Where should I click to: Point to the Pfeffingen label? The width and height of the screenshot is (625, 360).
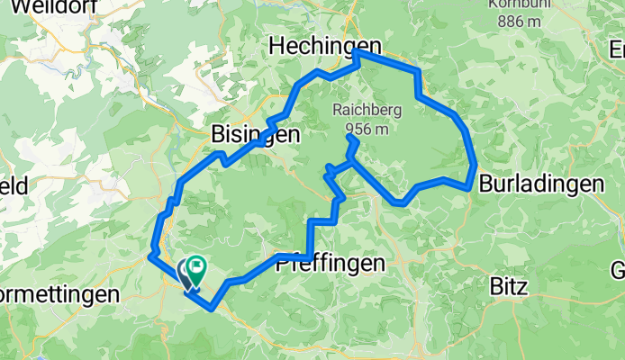pyautogui.click(x=330, y=263)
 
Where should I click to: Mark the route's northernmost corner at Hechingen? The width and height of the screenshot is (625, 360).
pyautogui.click(x=357, y=52)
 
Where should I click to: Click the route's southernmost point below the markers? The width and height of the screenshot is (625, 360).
pyautogui.click(x=211, y=308)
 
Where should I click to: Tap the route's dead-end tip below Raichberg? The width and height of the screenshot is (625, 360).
pyautogui.click(x=348, y=137)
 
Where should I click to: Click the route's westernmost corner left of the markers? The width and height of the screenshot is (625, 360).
pyautogui.click(x=149, y=256)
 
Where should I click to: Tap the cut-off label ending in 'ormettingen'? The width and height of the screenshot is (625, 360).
pyautogui.click(x=59, y=295)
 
